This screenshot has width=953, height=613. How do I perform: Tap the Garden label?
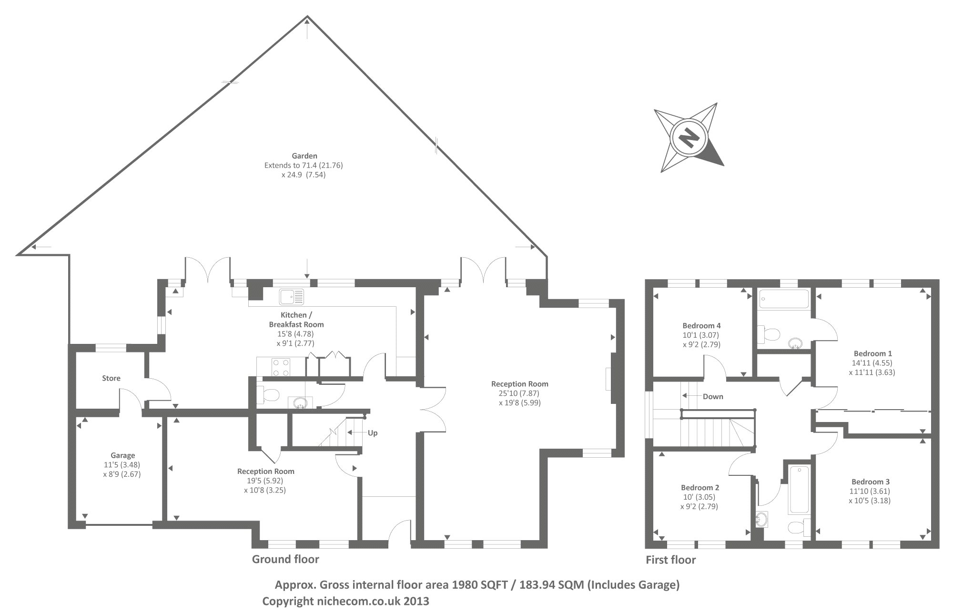coord(304,156)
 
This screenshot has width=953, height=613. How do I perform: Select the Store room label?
coord(111,378)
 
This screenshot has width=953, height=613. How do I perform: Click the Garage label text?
coord(123,455)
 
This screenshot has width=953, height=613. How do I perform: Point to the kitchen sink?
coord(292,297)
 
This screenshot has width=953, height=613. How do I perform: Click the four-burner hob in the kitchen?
coord(281,367)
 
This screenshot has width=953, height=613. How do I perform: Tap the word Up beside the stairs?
coord(373,432)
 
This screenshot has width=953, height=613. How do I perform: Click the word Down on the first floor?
coord(713,396)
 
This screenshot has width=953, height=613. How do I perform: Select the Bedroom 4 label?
coord(701,326)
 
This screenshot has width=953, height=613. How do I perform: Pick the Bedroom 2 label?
coord(700,487)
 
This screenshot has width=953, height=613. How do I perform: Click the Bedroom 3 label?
coord(871,482)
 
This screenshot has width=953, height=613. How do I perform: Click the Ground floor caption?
coord(285,559)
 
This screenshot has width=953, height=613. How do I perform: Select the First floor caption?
coord(670,560)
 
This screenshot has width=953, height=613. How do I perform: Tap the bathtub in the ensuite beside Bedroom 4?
coord(784,299)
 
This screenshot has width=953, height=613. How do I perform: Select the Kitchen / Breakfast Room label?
coord(296,320)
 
